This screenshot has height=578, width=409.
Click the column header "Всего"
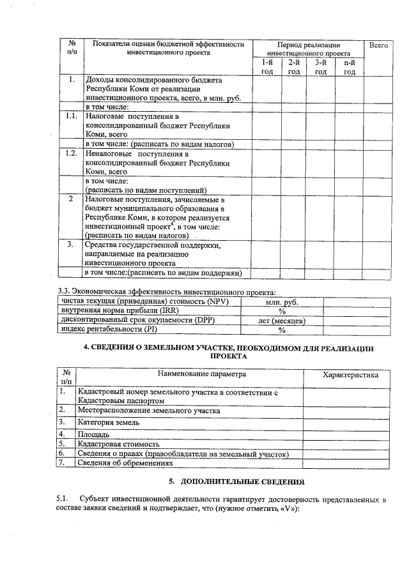(x=379, y=46)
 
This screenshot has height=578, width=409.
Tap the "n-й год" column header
(x=349, y=67)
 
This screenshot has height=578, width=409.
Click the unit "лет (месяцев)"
(x=281, y=321)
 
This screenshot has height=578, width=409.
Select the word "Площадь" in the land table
(x=93, y=434)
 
